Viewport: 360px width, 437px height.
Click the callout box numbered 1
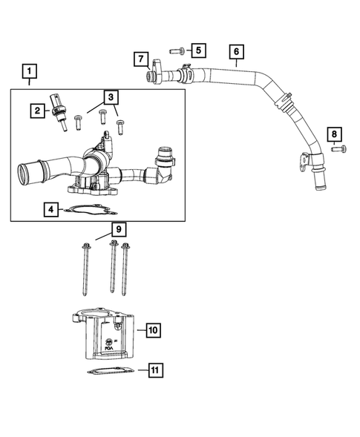point(29,72)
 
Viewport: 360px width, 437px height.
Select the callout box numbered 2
point(36,111)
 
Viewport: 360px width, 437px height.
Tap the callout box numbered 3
point(109,96)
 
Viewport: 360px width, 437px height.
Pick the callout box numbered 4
point(50,210)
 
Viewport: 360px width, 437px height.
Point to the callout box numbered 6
point(235,52)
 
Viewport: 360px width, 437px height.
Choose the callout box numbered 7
point(140,58)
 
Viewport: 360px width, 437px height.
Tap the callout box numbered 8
point(335,134)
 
